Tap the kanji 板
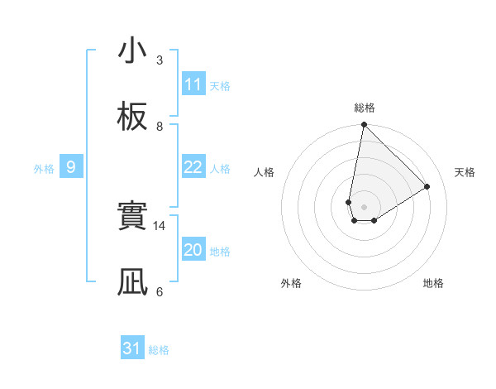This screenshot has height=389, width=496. (132, 118)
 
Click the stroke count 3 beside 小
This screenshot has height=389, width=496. (160, 60)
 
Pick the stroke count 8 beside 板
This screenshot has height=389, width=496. (160, 127)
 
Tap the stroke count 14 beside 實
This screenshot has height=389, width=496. (160, 226)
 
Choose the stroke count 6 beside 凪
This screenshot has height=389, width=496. (160, 292)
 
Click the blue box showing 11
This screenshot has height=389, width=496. (193, 84)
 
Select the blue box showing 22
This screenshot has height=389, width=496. (193, 167)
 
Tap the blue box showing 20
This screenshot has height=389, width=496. (193, 250)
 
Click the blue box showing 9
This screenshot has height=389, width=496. (71, 167)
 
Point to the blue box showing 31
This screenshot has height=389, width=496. (132, 348)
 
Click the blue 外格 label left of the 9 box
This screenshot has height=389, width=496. (44, 169)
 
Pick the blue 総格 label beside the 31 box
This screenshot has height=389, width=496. (159, 350)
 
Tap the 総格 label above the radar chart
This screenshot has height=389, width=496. (365, 108)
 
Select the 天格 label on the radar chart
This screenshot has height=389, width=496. (465, 172)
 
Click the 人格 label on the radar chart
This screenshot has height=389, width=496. (265, 172)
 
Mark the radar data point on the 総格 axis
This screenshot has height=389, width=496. (364, 125)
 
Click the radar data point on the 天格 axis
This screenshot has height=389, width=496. (427, 186)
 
